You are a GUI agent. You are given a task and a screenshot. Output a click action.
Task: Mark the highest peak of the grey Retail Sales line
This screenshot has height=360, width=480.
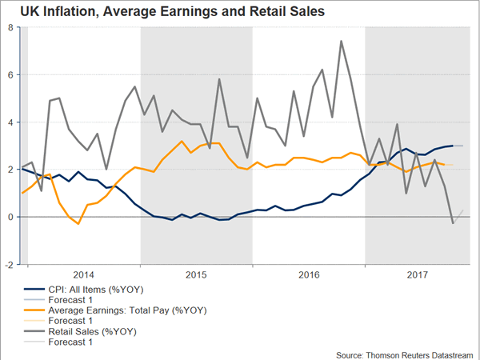[x=342, y=41]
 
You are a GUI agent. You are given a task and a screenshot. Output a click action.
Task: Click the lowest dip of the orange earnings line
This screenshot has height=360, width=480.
[x=78, y=224]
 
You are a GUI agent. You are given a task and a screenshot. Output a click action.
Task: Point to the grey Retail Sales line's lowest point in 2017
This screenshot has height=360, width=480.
[x=454, y=223]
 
